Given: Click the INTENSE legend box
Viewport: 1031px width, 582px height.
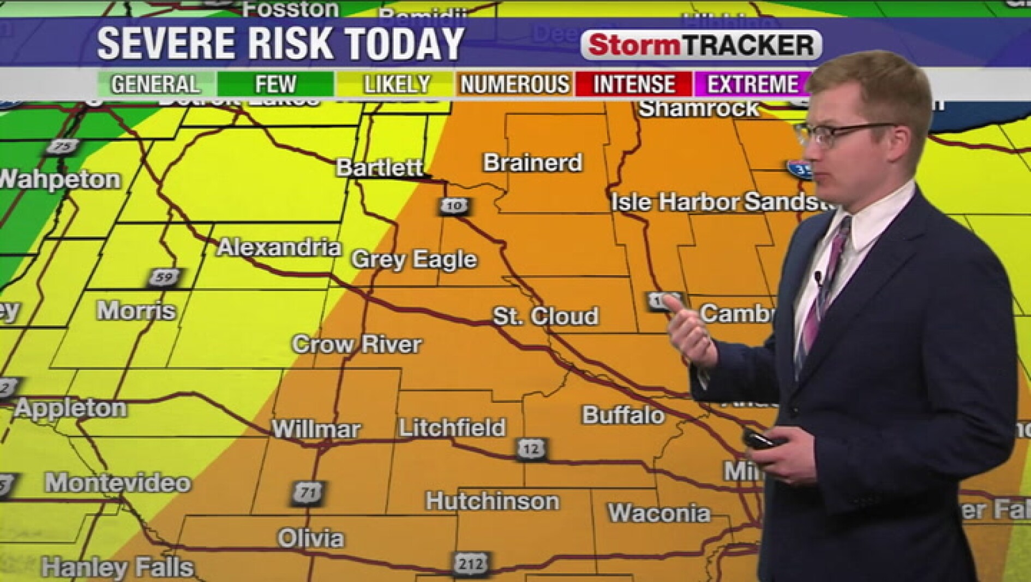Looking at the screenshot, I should pos(634,85).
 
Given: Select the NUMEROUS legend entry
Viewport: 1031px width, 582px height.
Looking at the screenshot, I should pos(514,85).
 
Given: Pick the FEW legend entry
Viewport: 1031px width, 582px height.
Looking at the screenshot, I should pos(275,85).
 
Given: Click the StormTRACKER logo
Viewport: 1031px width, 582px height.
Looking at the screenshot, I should pos(701,45).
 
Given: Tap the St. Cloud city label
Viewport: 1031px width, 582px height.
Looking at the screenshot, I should pos(545,316).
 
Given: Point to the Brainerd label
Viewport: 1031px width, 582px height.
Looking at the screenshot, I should pos(532,163).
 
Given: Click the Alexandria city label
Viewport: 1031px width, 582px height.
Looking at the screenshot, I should pos(279,248).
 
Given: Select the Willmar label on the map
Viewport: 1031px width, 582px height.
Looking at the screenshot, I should pos(316,429).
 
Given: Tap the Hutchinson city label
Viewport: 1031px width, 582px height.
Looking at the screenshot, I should pos(492,501).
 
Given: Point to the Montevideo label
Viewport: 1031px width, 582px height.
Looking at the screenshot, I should pos(118,483).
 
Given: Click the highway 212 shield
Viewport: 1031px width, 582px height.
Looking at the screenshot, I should pos(470,563).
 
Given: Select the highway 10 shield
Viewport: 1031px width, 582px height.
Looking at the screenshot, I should pos(454,206).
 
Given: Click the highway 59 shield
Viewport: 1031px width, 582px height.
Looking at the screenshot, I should pos(164,277).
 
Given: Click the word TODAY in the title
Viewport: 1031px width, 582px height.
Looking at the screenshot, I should pos(404,44).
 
